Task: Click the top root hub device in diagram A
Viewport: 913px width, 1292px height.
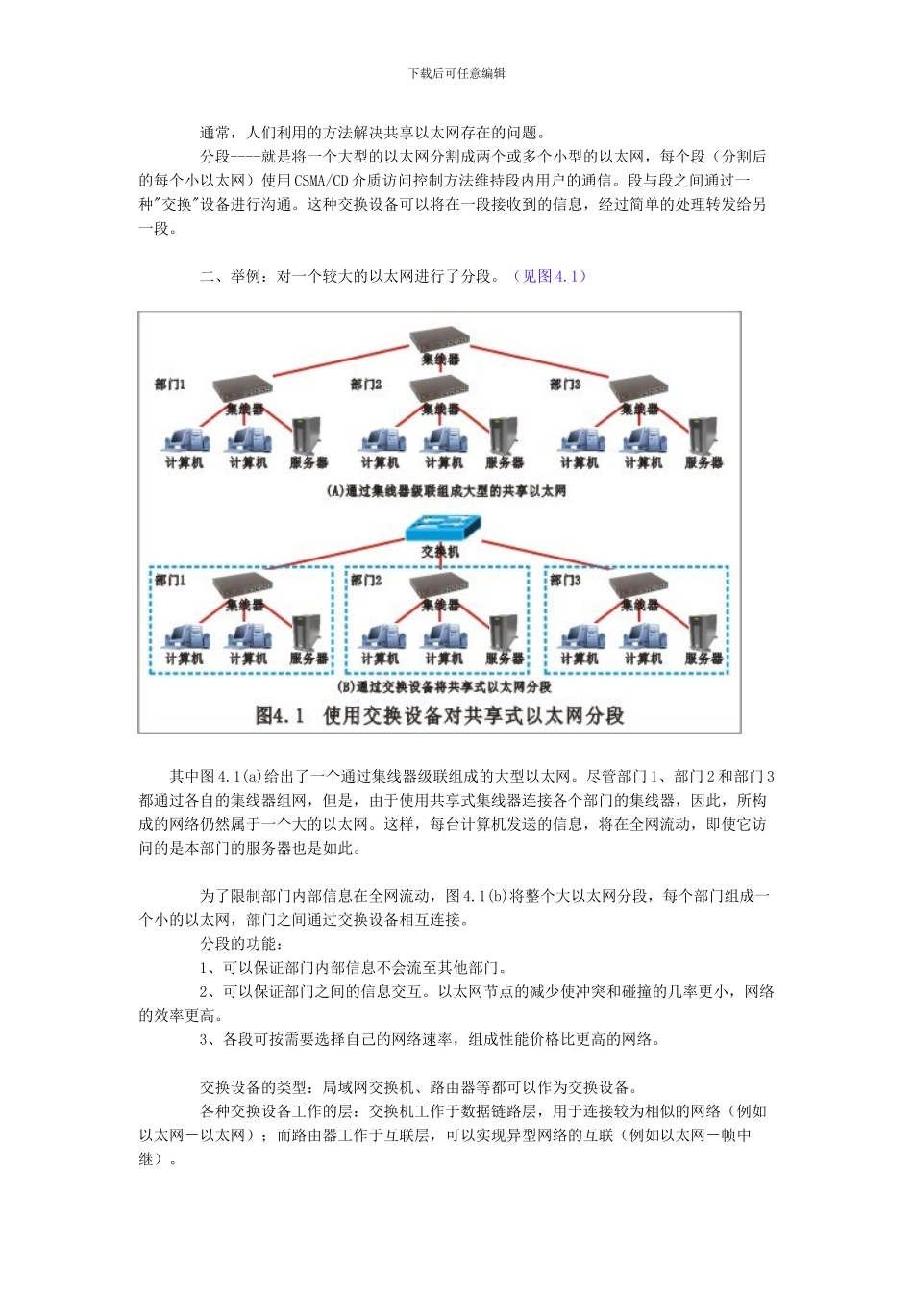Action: click(440, 338)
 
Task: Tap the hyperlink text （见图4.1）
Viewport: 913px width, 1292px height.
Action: click(549, 277)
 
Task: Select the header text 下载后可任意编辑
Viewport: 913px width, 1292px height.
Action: click(456, 73)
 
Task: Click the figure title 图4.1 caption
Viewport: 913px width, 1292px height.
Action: click(439, 715)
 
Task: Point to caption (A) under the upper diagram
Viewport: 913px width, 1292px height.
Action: click(446, 491)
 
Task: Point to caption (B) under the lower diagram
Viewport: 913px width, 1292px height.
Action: click(445, 687)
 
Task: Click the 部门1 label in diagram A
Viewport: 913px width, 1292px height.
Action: click(170, 385)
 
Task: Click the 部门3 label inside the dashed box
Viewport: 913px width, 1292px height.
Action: click(565, 581)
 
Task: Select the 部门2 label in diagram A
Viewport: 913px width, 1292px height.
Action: click(366, 385)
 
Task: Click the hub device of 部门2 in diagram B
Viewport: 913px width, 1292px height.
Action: click(439, 585)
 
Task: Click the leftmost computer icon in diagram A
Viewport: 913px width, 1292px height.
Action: click(184, 440)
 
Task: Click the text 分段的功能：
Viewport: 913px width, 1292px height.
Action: click(241, 944)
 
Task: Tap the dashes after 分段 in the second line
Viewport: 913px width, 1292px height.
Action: click(246, 157)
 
